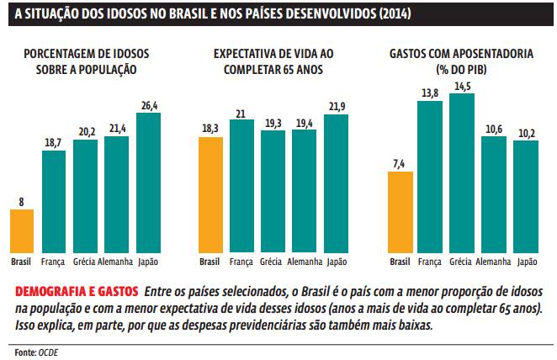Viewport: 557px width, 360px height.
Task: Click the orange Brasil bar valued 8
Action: [22, 230]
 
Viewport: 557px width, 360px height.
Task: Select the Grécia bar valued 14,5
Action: [462, 172]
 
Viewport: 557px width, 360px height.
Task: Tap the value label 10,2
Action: [525, 132]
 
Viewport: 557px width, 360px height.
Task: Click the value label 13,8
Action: [430, 91]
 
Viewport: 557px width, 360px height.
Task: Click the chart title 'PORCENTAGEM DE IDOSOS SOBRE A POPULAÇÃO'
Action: [81, 61]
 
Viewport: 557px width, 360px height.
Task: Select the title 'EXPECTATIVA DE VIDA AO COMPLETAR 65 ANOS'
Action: [268, 61]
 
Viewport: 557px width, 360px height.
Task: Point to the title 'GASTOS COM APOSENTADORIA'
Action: [460, 53]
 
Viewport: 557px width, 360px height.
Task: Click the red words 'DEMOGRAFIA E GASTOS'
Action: [77, 291]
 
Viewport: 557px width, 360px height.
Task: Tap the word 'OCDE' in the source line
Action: [49, 351]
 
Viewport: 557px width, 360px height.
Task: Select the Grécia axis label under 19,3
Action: [271, 262]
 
